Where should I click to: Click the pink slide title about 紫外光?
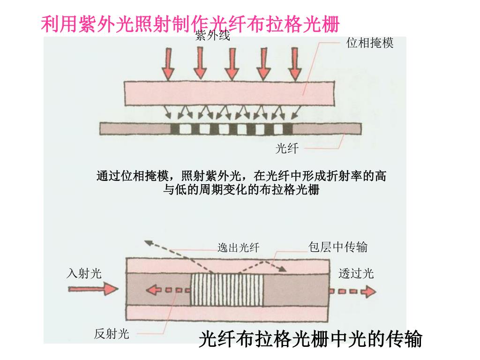189,24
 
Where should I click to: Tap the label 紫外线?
212,36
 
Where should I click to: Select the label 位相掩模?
370,43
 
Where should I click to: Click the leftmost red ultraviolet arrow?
168,64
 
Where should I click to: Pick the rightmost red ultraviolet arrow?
294,64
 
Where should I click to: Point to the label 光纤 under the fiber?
286,149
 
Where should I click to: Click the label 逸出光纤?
238,247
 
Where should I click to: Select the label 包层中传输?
337,247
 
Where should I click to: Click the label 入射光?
84,273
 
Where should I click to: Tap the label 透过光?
356,273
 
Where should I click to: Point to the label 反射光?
111,334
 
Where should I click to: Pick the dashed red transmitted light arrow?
352,291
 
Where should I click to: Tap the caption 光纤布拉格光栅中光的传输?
310,339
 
